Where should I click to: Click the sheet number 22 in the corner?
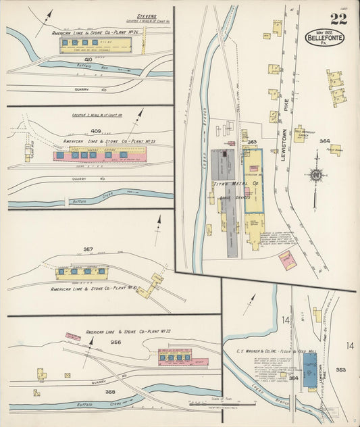[x=338, y=19]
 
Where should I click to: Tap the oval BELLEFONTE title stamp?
[x=325, y=37]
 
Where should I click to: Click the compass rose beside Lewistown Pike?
[x=315, y=174]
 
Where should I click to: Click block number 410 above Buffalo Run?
[x=88, y=59]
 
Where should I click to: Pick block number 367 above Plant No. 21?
[x=88, y=249]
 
